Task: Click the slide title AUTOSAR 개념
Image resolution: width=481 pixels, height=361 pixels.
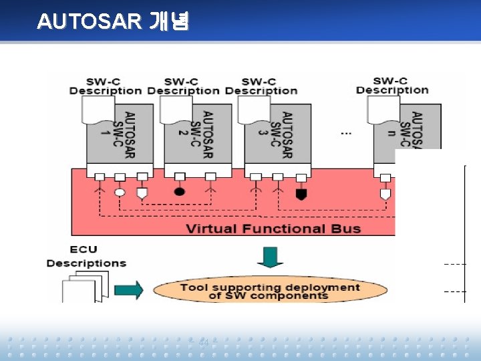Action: [113, 21]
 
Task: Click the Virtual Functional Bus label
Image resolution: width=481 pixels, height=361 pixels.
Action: [273, 229]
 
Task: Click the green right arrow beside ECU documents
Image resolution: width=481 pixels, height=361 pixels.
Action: [128, 289]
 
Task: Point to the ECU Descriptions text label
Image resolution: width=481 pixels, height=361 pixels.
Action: [86, 257]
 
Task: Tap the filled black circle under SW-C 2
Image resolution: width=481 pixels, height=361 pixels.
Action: [179, 191]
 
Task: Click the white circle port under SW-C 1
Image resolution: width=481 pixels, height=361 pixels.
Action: [120, 192]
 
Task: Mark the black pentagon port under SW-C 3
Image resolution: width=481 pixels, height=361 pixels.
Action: [301, 194]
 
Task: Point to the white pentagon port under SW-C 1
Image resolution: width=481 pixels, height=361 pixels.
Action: [142, 193]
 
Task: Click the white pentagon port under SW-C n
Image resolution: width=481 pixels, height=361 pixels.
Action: [385, 194]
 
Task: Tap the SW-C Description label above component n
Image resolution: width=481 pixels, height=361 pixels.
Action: [392, 86]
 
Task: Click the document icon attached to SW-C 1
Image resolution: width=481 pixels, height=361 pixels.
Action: [98, 110]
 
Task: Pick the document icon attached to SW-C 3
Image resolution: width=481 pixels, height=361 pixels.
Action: [255, 110]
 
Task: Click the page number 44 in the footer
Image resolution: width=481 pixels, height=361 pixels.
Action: [204, 343]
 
